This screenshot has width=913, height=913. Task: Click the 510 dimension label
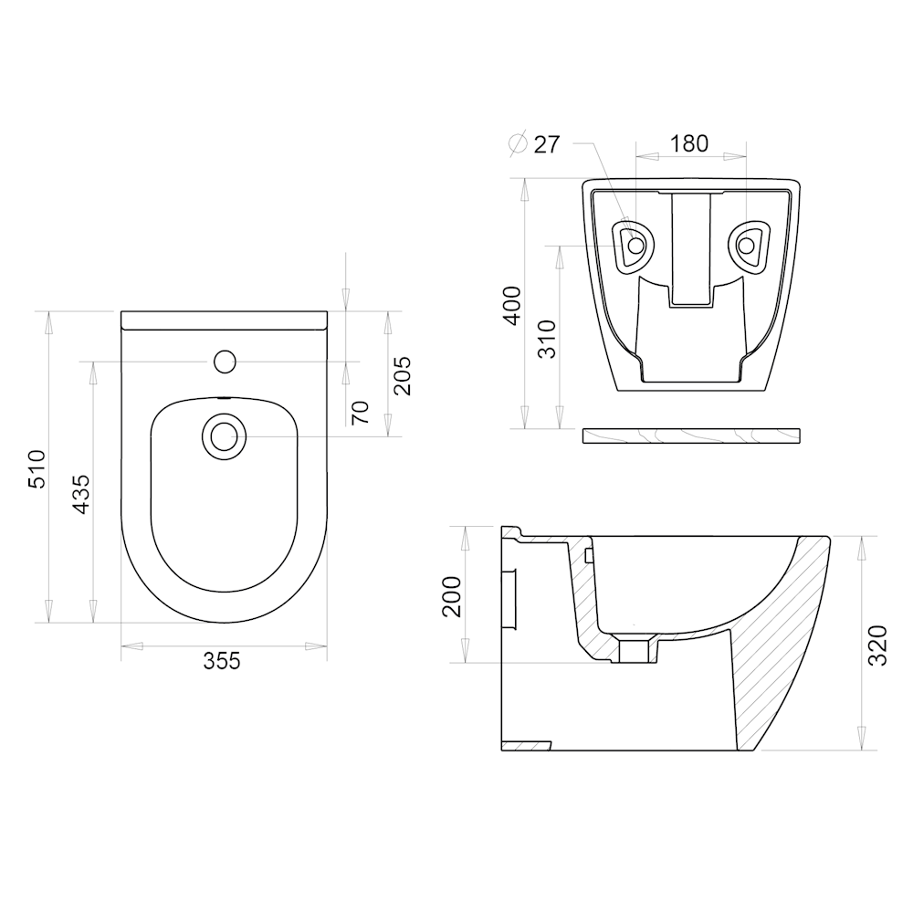tap(37, 468)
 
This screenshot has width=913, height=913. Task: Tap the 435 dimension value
tap(81, 494)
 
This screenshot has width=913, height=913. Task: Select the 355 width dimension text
tap(222, 661)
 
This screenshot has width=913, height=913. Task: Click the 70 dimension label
tap(361, 413)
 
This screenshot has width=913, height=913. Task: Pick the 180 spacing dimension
tap(689, 143)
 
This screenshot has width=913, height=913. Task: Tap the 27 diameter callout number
tap(546, 144)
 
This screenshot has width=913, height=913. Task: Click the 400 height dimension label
tap(512, 305)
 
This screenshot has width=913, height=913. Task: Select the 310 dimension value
tap(547, 339)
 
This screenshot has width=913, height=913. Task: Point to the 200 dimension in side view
tap(452, 596)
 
